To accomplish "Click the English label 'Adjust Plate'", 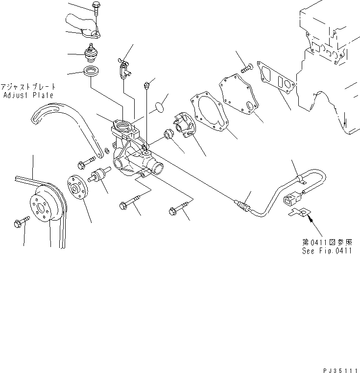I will [x=27, y=95].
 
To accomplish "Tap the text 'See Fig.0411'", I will [x=326, y=250].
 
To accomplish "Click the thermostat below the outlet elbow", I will [x=90, y=53].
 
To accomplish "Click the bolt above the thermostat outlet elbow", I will [x=95, y=9].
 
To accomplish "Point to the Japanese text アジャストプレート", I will [x=27, y=86].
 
